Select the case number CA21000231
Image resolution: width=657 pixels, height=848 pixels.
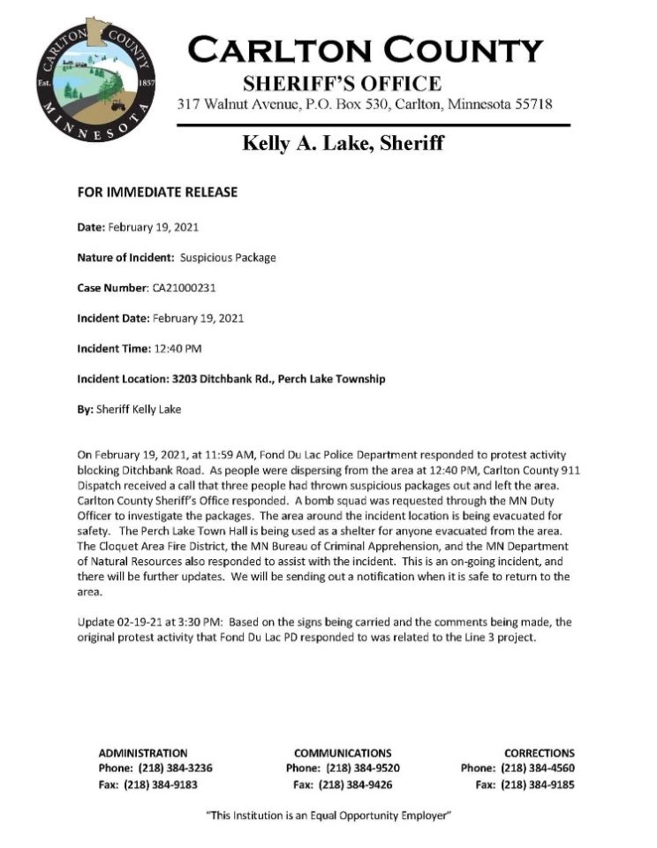pos(186,287)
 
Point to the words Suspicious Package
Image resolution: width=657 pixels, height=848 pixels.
pos(228,257)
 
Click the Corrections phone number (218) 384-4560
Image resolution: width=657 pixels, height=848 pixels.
pos(538,768)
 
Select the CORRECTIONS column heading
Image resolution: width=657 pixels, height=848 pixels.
pos(540,753)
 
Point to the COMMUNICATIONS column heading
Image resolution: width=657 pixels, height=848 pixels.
pos(343,753)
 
